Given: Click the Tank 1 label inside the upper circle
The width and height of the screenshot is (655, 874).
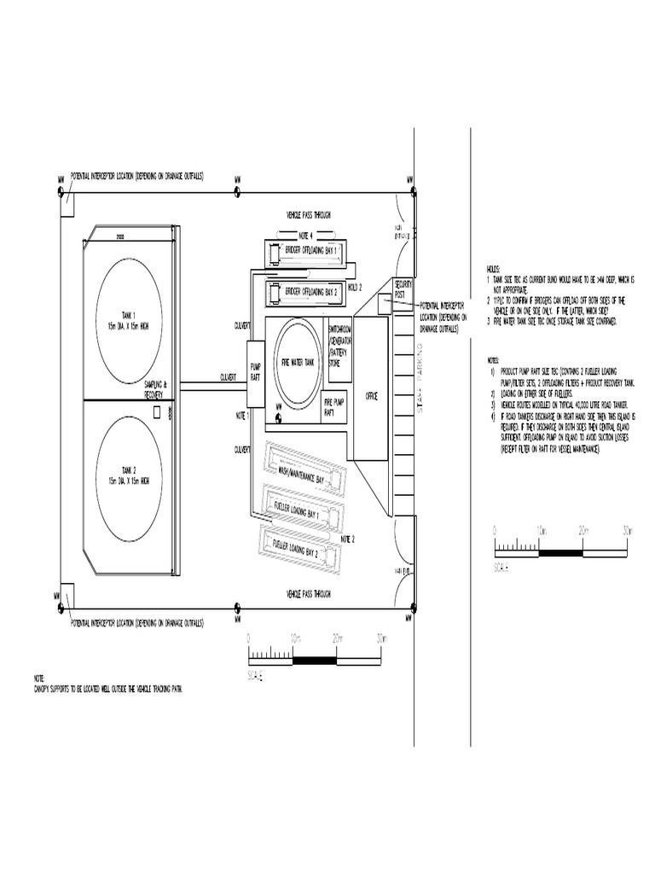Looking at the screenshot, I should [x=128, y=319].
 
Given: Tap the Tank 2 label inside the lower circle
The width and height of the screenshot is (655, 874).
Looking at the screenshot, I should [x=128, y=475].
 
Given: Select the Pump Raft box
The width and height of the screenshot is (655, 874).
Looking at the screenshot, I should [x=256, y=372].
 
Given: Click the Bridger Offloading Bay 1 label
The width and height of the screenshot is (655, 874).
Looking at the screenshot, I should [x=311, y=251].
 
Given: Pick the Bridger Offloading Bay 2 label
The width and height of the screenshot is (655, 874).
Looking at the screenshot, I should [x=311, y=291].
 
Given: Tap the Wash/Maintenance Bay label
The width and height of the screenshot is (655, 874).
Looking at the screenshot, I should [x=297, y=470].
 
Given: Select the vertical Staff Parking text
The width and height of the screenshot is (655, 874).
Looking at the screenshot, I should [x=420, y=378].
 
